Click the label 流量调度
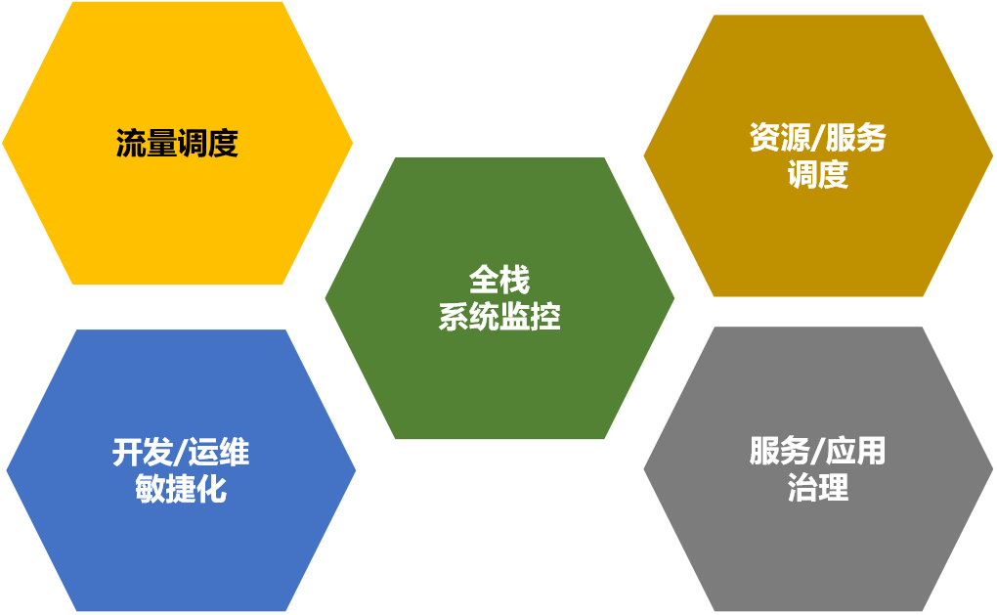[177, 145]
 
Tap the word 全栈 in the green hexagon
[498, 282]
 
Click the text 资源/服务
[817, 138]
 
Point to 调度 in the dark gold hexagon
[817, 175]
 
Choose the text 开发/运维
[181, 453]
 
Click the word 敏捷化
[181, 489]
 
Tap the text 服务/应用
[817, 451]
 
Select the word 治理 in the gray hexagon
[817, 488]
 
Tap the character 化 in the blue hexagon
[212, 489]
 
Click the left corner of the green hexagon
[324, 297]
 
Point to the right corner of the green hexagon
[675, 297]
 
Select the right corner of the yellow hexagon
[354, 144]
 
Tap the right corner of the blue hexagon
[357, 470]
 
